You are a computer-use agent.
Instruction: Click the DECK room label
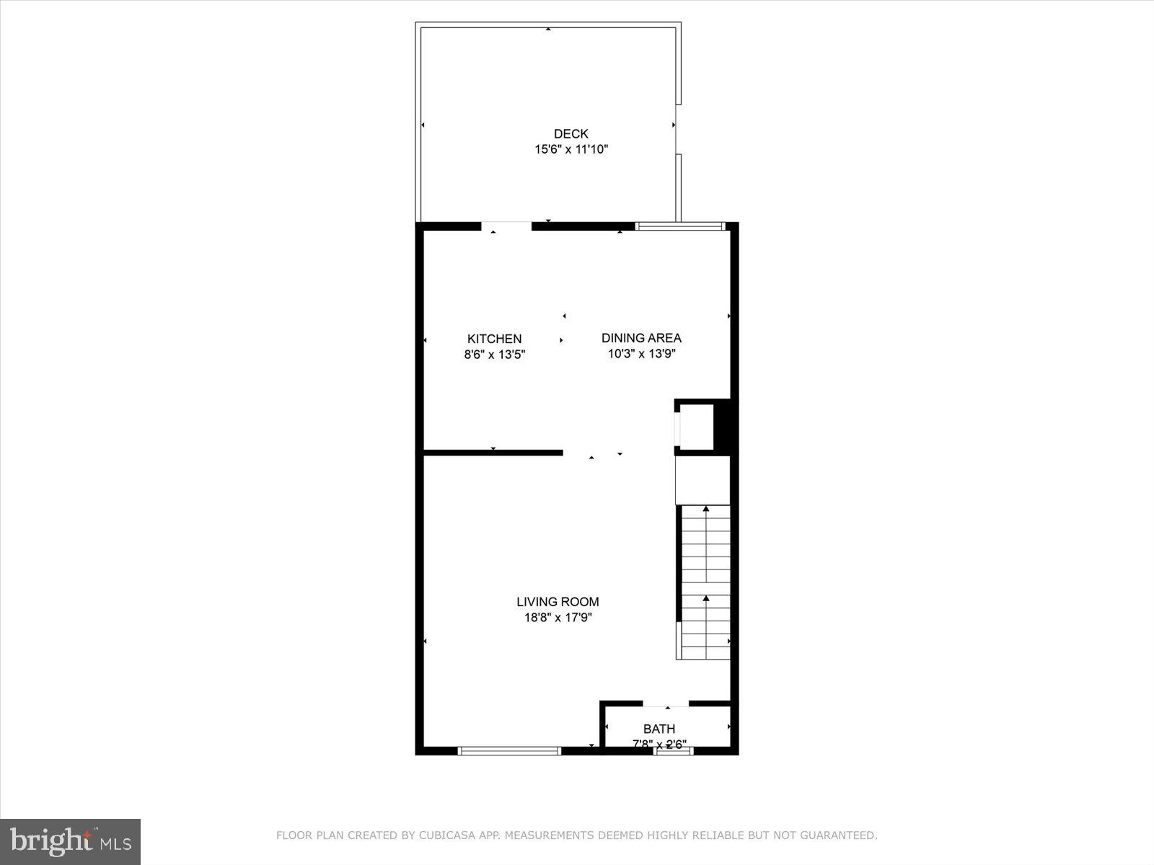pos(571,133)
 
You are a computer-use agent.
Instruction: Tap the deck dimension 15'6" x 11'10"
pos(571,149)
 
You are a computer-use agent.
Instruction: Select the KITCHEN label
pos(494,339)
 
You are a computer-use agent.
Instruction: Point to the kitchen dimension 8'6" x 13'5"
pos(494,354)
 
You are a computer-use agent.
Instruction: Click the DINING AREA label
pos(641,338)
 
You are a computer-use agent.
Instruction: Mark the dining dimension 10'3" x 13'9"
pos(641,354)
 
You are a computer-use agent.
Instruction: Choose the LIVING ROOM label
pos(558,602)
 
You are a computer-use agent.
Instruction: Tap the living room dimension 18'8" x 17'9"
pos(558,618)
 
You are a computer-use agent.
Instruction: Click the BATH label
pos(659,729)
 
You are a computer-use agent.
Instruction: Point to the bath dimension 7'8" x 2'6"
pos(659,744)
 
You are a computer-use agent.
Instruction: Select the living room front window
pos(509,751)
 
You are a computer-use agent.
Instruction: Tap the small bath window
pos(674,751)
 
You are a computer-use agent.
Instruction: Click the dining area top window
pos(680,226)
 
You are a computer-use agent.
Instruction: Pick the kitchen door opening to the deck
pos(506,226)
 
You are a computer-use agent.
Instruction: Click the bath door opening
pos(666,704)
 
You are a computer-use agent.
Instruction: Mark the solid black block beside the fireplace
pos(723,425)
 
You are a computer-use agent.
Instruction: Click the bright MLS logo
pos(70,841)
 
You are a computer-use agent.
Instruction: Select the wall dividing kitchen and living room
pos(493,453)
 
